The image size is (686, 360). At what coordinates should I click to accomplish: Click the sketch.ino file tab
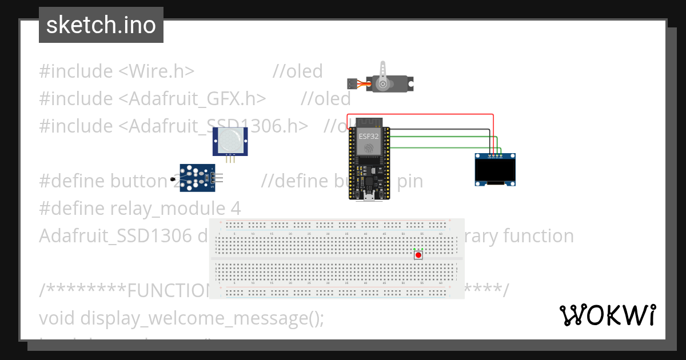101,25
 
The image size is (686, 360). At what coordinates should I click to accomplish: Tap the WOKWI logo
608,315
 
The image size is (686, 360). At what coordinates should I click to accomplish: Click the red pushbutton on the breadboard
418,255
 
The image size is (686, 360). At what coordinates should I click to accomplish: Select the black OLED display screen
495,171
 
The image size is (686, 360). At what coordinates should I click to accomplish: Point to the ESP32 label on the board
369,137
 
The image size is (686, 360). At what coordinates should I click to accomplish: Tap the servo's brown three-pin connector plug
353,83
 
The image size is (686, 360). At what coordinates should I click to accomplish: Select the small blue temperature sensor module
197,177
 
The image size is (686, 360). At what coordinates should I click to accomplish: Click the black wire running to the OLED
440,130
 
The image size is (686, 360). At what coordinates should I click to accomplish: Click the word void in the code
57,317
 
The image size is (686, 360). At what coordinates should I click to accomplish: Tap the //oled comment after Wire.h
298,71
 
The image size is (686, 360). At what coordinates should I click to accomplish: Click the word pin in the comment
410,181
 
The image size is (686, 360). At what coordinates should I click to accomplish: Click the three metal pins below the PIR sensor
230,159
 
